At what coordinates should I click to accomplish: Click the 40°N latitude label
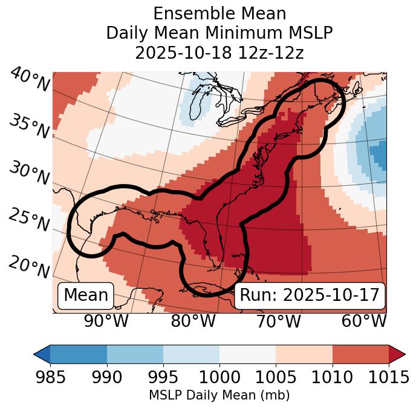coord(29,79)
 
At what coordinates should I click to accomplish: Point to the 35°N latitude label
coord(29,126)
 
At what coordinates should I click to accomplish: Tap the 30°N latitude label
coord(29,174)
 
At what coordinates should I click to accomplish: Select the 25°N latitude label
coord(29,220)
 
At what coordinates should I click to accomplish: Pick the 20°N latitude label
coord(29,266)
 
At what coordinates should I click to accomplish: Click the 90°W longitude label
coord(106,321)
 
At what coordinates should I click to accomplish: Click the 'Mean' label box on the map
coord(86,295)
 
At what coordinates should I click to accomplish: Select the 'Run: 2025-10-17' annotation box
coord(310,295)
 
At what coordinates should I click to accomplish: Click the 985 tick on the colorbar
coord(50,377)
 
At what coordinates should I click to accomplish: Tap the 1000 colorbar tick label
coord(219,377)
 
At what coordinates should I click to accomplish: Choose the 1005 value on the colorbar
coord(276,377)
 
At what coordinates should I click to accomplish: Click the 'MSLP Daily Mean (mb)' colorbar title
coord(219,395)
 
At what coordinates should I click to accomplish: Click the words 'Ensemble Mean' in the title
coord(219,13)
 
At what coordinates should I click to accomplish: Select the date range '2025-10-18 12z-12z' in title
coord(219,52)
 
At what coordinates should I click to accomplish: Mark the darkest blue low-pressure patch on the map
coord(379,154)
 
